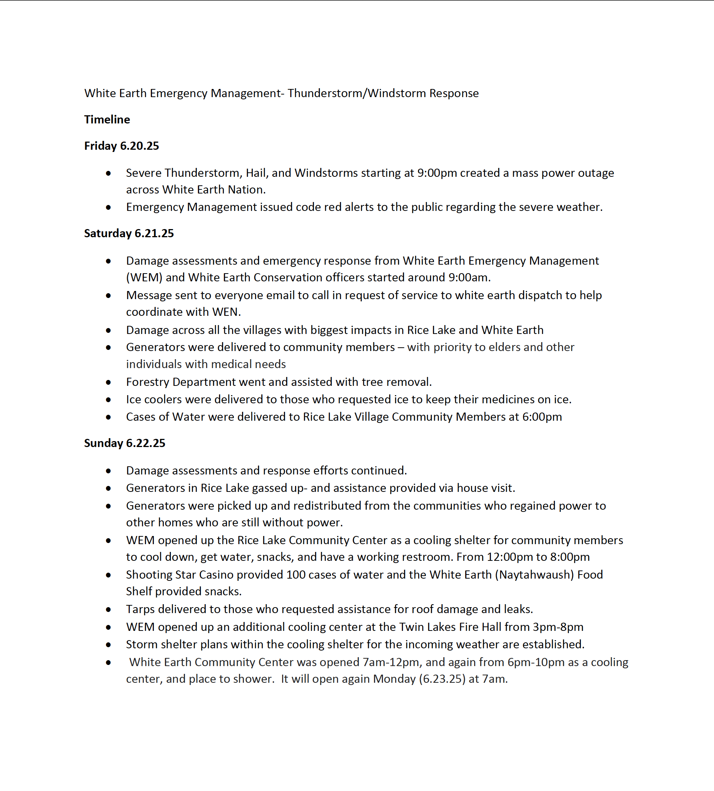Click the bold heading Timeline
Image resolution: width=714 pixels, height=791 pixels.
[107, 119]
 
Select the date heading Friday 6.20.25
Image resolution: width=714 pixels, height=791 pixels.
[121, 146]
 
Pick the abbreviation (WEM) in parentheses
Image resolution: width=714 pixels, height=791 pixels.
[144, 277]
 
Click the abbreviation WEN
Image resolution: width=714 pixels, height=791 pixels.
[225, 312]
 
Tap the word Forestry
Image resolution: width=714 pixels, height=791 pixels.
[148, 381]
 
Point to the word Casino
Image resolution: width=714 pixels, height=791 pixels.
[216, 575]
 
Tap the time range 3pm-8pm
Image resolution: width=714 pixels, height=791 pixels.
[558, 627]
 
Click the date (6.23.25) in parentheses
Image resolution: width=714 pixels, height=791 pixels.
[442, 679]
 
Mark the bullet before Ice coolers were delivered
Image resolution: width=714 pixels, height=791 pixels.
[108, 400]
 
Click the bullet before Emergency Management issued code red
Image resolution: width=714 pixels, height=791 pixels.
[108, 207]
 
